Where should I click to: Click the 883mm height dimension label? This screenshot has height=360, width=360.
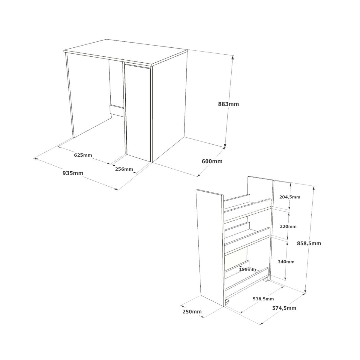click(228, 104)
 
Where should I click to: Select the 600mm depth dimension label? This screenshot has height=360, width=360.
click(212, 161)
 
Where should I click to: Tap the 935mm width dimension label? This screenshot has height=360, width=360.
click(73, 173)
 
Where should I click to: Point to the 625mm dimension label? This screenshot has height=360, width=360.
click(83, 155)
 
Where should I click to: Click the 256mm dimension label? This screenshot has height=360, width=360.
click(124, 169)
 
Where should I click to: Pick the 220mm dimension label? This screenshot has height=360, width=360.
click(288, 226)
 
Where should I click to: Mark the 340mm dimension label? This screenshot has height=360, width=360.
click(286, 262)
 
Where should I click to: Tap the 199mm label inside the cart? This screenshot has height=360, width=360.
click(247, 269)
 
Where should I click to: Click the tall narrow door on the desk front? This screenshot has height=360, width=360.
click(138, 111)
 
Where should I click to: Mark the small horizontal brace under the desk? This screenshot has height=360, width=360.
click(117, 110)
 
